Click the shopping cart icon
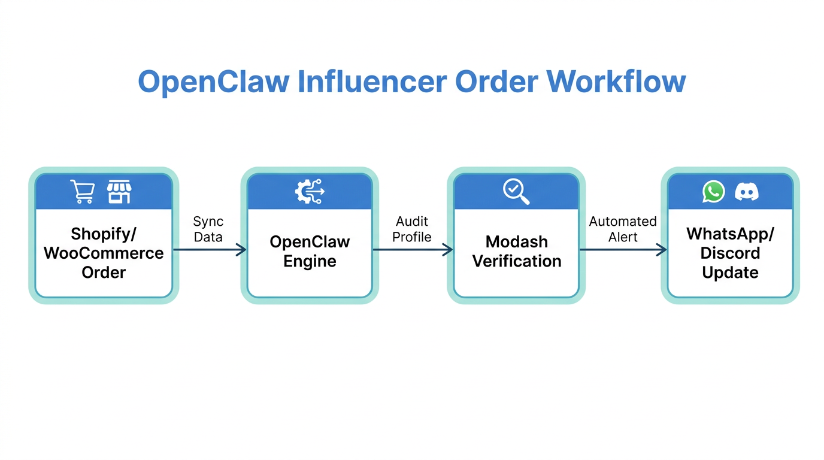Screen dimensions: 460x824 coord(83,192)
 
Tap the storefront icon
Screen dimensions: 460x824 coord(119,192)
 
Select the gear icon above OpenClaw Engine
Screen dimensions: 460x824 coord(310,192)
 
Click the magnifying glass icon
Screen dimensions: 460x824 coord(516,192)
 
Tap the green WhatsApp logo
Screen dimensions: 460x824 coord(713,192)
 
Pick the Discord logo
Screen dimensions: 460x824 coord(747,192)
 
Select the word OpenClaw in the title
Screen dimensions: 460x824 coord(214,81)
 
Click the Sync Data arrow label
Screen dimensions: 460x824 coord(208,229)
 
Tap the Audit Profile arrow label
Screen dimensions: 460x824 coord(412,229)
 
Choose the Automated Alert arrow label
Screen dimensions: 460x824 coord(623,229)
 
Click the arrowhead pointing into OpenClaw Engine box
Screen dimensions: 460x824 coord(241,250)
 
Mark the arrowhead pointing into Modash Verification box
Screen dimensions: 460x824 coord(448,250)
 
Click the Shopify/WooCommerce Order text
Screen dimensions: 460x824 coord(104,253)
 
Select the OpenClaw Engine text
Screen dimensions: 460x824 coord(310,252)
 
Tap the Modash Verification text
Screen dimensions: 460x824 coord(517,252)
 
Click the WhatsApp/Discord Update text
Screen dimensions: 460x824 coord(730,253)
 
